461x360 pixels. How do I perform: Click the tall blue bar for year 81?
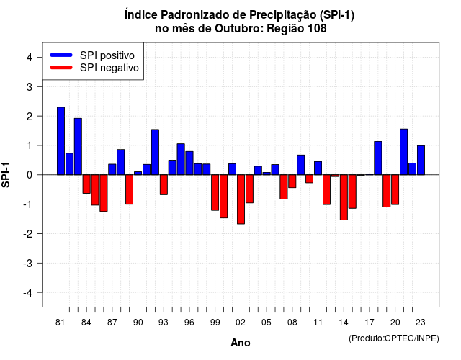[x=61, y=141]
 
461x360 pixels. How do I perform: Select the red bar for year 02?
[x=241, y=199]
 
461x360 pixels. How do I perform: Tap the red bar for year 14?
[x=344, y=197]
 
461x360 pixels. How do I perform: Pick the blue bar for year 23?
[x=421, y=160]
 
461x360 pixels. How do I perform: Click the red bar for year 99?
[x=215, y=192]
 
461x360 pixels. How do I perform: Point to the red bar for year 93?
[x=164, y=184]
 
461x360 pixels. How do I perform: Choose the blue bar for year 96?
[x=189, y=163]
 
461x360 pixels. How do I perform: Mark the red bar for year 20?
[x=395, y=189]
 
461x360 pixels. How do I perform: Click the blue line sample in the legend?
[x=61, y=55]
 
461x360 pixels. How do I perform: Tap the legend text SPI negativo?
[x=109, y=68]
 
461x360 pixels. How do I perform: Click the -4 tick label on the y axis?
[x=28, y=293]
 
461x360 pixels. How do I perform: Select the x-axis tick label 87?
[x=112, y=323]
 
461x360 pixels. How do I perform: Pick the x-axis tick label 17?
[x=370, y=323]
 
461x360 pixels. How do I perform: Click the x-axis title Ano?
[x=241, y=343]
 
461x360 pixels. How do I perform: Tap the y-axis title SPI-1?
[x=6, y=175]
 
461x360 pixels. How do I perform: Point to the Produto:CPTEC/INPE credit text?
[x=394, y=338]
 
